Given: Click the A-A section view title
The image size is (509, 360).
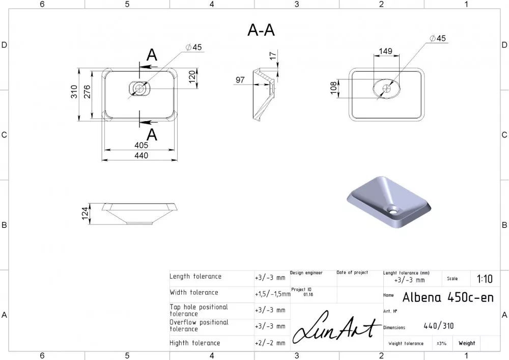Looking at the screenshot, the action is point(261,30).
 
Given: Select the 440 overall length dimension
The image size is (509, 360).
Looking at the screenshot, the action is point(141,155).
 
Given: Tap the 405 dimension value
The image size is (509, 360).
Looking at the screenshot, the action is point(141,145).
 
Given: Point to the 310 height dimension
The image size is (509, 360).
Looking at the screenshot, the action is point(74,92).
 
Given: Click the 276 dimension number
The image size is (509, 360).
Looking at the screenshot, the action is point(87,92).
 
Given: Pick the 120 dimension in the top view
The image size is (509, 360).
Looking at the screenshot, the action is point(192,76).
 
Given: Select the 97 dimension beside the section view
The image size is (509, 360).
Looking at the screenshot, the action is point(240,80).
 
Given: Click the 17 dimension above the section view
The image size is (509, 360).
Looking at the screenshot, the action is point(273,55).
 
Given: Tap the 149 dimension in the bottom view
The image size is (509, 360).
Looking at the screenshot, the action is point(386,51).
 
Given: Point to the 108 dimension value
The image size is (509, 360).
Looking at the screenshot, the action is point(333,88).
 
